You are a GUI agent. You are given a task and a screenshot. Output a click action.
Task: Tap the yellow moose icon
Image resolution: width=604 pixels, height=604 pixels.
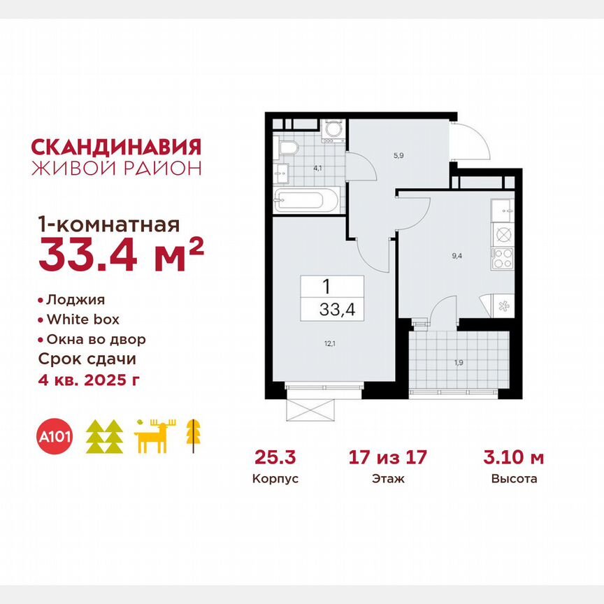(x=155, y=436)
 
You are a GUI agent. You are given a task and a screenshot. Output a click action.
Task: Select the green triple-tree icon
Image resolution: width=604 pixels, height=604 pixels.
(x=104, y=436)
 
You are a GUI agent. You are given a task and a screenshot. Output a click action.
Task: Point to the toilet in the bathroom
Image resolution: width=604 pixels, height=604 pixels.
(x=288, y=148)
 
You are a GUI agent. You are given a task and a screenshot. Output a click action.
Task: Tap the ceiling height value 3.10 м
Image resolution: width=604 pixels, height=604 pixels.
(x=514, y=459)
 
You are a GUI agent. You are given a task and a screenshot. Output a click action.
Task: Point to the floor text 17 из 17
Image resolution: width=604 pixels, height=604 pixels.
(x=387, y=459)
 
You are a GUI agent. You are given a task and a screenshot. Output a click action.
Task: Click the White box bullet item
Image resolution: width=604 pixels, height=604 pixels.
(x=82, y=319)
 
